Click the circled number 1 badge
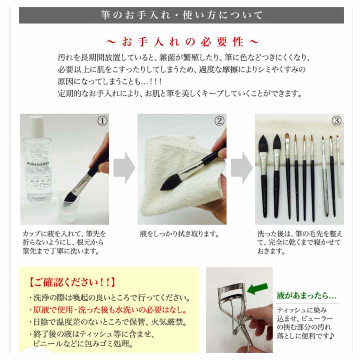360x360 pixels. click(x=102, y=121)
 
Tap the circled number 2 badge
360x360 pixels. click(x=219, y=121)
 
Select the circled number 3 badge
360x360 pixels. click(x=336, y=121)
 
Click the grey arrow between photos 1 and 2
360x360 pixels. click(x=124, y=167)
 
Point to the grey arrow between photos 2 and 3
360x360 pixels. click(x=241, y=167)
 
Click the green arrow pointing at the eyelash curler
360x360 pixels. click(x=258, y=288)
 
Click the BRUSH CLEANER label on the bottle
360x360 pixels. click(x=38, y=164)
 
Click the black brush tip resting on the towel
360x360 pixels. click(x=171, y=182)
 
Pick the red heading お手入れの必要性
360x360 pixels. click(x=182, y=42)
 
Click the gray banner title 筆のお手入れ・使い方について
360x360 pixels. click(x=181, y=15)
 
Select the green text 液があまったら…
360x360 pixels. click(x=307, y=295)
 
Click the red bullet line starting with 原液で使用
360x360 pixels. click(x=108, y=310)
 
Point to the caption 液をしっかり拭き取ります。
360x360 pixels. click(x=179, y=234)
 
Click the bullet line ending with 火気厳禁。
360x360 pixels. click(x=108, y=322)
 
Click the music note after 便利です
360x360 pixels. click(x=331, y=336)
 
